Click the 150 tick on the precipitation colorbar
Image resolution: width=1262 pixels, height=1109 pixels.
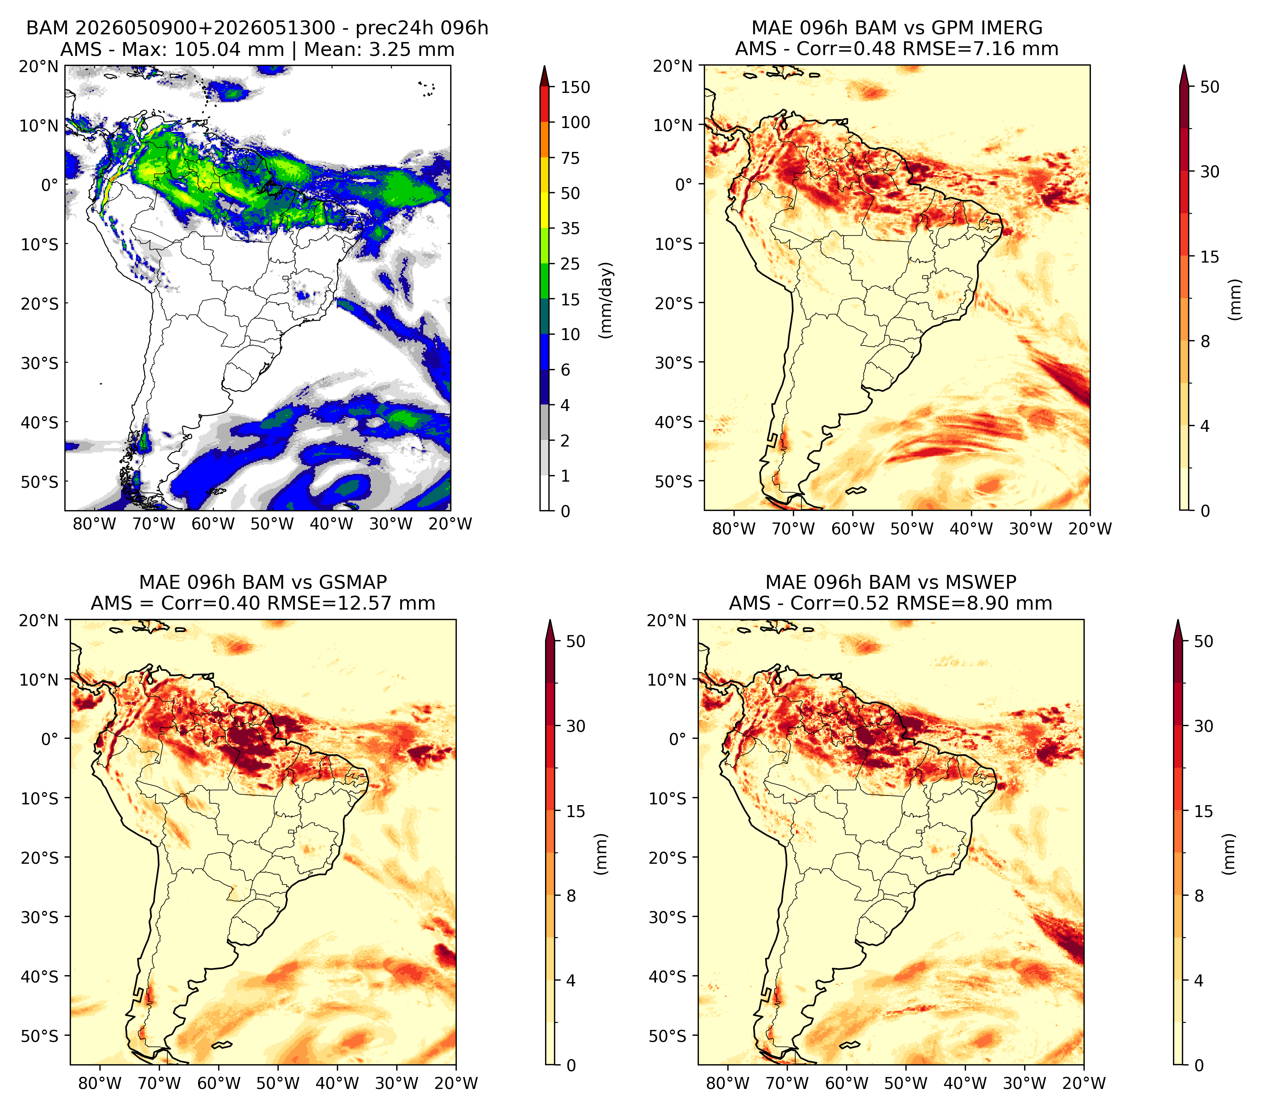point(575,87)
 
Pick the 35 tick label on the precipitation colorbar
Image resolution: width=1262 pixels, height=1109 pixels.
point(570,228)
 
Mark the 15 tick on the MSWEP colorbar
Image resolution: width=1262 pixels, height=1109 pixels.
point(1203,811)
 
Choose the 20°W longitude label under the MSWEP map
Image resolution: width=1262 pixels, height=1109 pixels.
point(1084,1084)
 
